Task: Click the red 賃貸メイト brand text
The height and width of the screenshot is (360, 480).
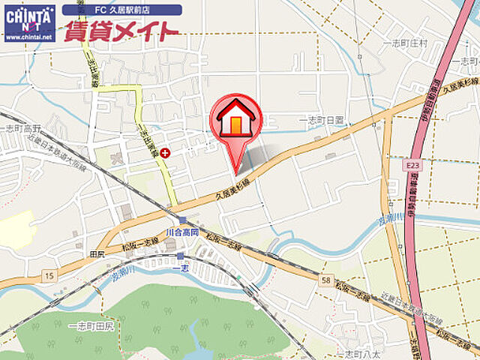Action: pyautogui.click(x=121, y=31)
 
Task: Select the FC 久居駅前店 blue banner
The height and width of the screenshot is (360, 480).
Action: pyautogui.click(x=121, y=10)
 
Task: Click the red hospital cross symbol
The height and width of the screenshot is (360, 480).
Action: pyautogui.click(x=164, y=152)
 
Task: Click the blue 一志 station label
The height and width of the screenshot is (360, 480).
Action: pyautogui.click(x=181, y=268)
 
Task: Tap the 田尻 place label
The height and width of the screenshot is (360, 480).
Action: pyautogui.click(x=97, y=253)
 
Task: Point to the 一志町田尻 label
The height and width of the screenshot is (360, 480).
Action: pyautogui.click(x=90, y=326)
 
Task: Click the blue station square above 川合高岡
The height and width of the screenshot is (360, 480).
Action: pyautogui.click(x=182, y=220)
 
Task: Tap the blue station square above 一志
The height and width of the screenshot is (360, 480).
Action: pyautogui.click(x=180, y=256)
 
